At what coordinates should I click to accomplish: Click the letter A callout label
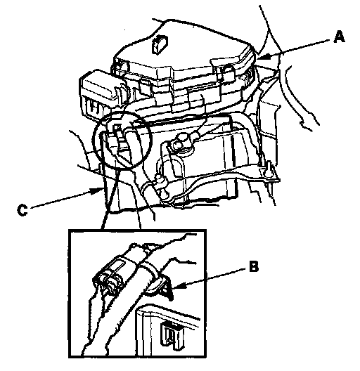click(339, 37)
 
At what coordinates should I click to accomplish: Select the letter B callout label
click(254, 266)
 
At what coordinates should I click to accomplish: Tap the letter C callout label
click(22, 210)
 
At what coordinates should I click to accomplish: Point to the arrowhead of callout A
click(262, 57)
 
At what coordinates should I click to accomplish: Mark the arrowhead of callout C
click(96, 190)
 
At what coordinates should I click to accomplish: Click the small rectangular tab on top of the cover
click(159, 44)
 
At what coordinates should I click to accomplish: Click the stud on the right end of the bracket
click(269, 169)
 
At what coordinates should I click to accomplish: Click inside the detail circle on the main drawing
click(122, 140)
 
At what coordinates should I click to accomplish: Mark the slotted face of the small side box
click(93, 108)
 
